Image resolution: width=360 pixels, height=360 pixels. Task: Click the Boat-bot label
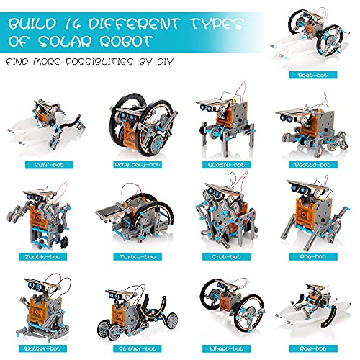coord(313,75)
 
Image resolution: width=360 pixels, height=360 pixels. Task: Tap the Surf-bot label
coord(49,165)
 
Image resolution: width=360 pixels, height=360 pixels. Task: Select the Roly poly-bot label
coord(138,165)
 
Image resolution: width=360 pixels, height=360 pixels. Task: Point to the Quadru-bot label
coord(226,165)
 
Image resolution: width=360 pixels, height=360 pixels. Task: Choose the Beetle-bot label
coord(313,165)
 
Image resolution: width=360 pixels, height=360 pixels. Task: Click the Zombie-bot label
coord(42,257)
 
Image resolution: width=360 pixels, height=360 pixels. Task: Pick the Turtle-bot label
coord(138,257)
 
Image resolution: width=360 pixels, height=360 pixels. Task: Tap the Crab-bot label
coord(226,257)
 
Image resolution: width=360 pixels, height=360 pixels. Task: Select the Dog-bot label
coord(313,256)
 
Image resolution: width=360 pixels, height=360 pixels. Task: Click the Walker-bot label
coord(42,348)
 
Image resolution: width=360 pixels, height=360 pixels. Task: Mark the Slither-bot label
coord(138,348)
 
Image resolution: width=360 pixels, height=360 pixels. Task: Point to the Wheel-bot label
coord(226,348)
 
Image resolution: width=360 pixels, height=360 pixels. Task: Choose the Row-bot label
coord(313,348)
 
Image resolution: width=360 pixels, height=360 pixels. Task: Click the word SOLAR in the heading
coord(65,42)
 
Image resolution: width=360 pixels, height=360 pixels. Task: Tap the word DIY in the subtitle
coord(165,61)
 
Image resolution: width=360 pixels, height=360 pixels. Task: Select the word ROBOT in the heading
coord(127,42)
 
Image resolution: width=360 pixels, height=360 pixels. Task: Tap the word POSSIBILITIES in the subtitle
coord(99,61)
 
